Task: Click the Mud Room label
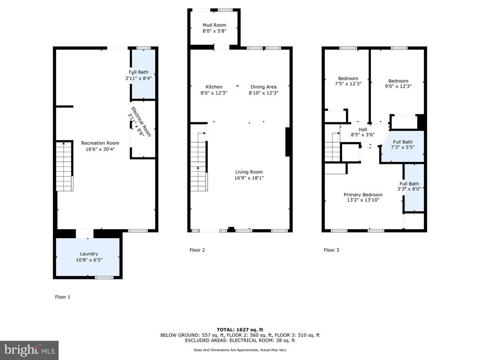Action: [214, 25]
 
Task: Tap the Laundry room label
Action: [89, 254]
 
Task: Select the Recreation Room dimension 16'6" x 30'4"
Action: [100, 150]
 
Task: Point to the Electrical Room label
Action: [141, 121]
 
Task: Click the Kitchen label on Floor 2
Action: [214, 87]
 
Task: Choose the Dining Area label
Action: [263, 87]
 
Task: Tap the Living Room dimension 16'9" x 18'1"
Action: [249, 178]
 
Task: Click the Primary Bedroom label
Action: [363, 195]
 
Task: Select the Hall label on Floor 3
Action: [363, 129]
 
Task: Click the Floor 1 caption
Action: [62, 297]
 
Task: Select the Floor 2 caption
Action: [197, 250]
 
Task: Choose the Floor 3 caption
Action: [331, 250]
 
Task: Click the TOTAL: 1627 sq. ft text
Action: [240, 330]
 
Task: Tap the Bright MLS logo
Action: [29, 350]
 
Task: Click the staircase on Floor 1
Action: [64, 166]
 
